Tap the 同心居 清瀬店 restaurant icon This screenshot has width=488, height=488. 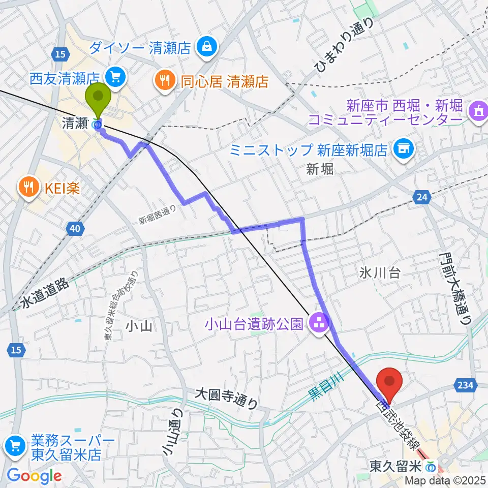pos(164,79)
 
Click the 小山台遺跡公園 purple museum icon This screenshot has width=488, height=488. pos(319,322)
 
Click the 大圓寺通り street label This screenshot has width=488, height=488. pos(227,397)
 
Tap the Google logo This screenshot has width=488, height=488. pos(35,475)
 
